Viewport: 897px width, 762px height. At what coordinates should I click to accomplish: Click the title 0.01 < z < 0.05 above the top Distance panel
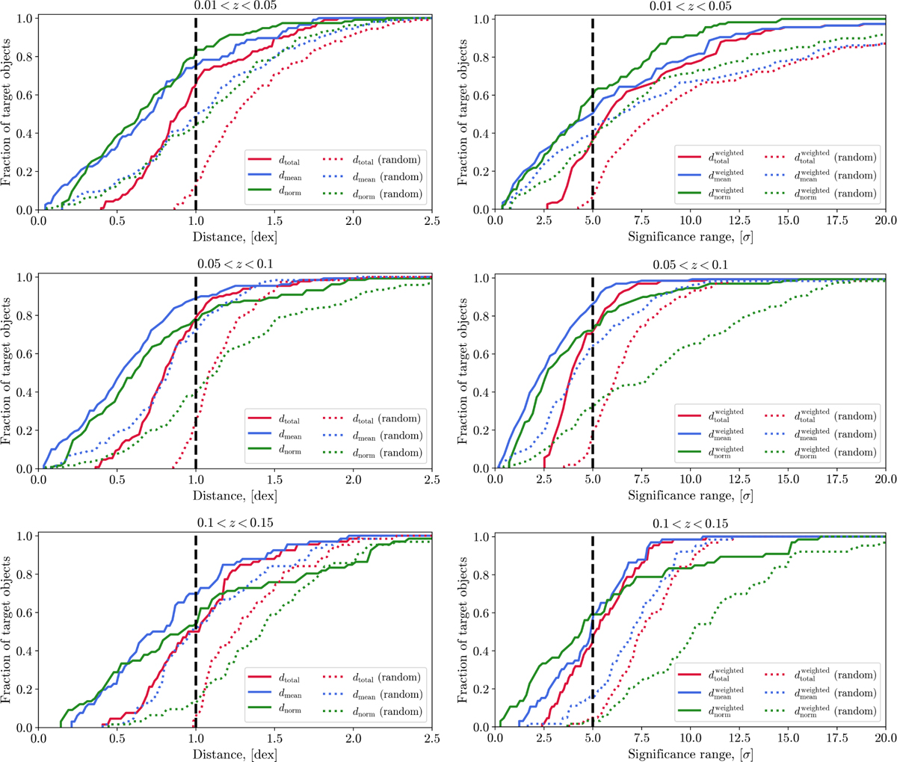coord(235,7)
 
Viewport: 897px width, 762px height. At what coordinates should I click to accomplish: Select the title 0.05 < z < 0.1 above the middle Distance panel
coord(235,265)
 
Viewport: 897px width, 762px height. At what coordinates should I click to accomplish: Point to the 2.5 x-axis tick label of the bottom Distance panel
coord(431,739)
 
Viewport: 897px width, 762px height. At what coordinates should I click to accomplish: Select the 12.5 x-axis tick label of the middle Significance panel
coord(739,480)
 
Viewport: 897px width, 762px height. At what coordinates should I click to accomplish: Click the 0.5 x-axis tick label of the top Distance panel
coord(116,222)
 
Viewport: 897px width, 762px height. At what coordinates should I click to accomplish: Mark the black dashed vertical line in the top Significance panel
coord(592,112)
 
